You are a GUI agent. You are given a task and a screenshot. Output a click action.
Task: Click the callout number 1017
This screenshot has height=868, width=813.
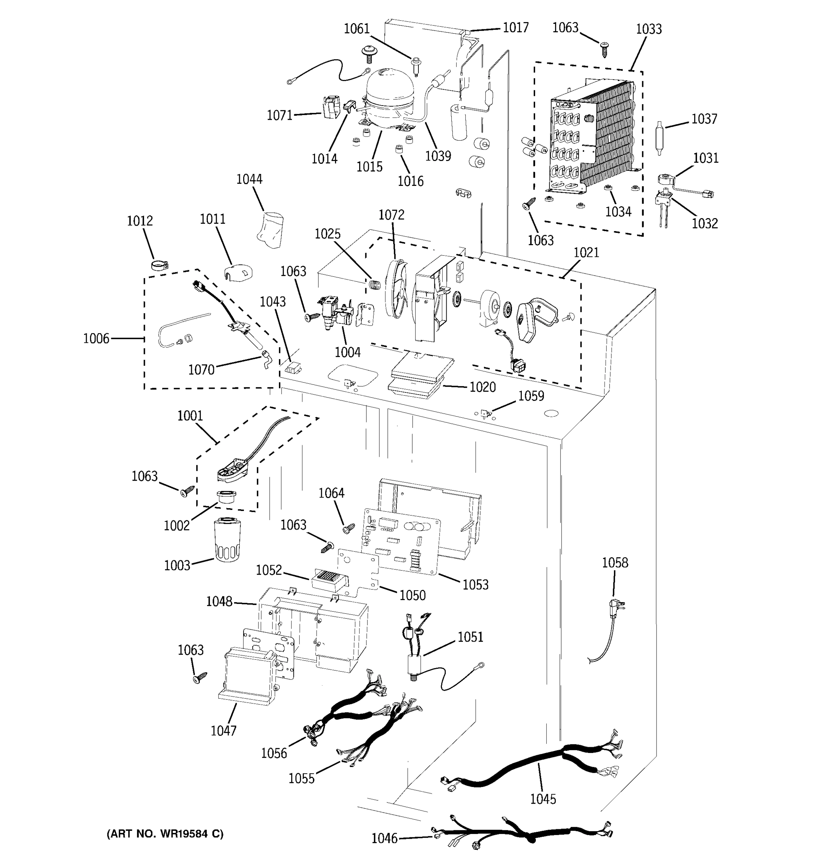click(x=516, y=27)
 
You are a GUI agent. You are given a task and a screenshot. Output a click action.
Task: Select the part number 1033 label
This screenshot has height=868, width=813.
click(x=649, y=29)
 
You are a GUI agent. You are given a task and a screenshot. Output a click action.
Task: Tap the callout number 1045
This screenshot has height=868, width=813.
click(x=543, y=799)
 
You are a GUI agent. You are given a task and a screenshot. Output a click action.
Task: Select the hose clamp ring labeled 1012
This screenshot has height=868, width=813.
click(x=160, y=265)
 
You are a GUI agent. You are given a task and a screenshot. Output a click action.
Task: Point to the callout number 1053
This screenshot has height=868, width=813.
click(x=475, y=584)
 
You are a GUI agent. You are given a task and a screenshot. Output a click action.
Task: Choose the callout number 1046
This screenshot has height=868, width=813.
click(x=384, y=838)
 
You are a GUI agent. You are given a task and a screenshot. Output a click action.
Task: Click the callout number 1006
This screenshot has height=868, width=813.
click(x=96, y=339)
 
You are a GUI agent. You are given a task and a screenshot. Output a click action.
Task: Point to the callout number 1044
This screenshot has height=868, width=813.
click(x=249, y=179)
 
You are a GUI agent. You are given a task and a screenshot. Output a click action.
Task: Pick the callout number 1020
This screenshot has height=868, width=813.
click(x=482, y=387)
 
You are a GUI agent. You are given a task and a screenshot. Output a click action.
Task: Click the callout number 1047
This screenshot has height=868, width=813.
click(x=223, y=731)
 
